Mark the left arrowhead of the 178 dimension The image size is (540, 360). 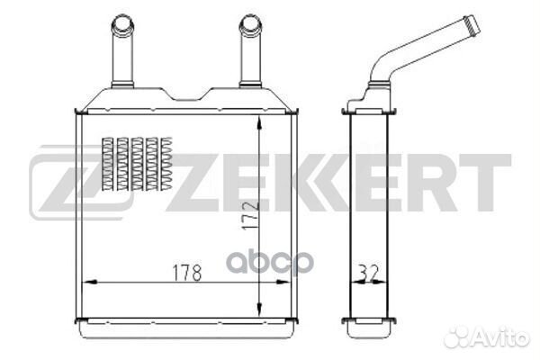coord(86,282)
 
